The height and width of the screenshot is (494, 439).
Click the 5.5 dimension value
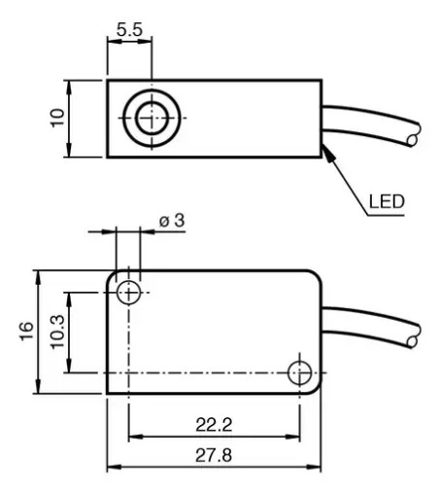(x=129, y=30)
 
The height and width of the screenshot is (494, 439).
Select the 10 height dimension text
(x=58, y=118)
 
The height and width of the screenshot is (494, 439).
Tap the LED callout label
(x=387, y=201)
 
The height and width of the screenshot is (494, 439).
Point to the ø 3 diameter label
(x=172, y=221)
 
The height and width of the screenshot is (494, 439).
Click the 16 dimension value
(x=26, y=331)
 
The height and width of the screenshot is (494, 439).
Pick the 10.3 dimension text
(x=57, y=332)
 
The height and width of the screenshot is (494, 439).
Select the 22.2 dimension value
(x=214, y=425)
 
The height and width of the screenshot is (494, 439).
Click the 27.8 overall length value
(x=214, y=455)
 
